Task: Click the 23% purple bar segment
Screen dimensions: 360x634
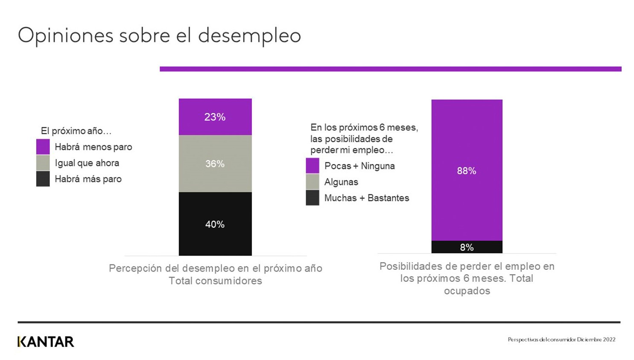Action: [215, 117]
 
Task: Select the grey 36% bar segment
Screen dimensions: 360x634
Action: [215, 164]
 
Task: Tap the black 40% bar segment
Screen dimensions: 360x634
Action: [215, 224]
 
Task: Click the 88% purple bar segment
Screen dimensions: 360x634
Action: [467, 170]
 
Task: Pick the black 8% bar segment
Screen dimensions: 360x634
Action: [467, 247]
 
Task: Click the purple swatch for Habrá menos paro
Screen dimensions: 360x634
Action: [43, 147]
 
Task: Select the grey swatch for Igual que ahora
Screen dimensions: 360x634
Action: [43, 163]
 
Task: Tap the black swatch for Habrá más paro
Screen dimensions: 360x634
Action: [43, 179]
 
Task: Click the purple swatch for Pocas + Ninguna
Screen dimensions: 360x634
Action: [313, 166]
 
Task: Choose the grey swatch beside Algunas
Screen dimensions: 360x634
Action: [313, 182]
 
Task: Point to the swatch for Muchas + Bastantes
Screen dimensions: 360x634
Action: [313, 198]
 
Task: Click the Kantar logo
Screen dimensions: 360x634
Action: [46, 342]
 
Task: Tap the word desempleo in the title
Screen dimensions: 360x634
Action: [249, 35]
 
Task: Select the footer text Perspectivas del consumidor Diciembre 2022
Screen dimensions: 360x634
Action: [561, 340]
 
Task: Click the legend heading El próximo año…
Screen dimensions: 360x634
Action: [76, 131]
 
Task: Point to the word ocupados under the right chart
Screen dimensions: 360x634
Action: [467, 291]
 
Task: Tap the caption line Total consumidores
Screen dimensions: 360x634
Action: [215, 281]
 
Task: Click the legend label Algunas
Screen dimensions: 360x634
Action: [341, 182]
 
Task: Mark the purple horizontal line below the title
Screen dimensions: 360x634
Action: [390, 69]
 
